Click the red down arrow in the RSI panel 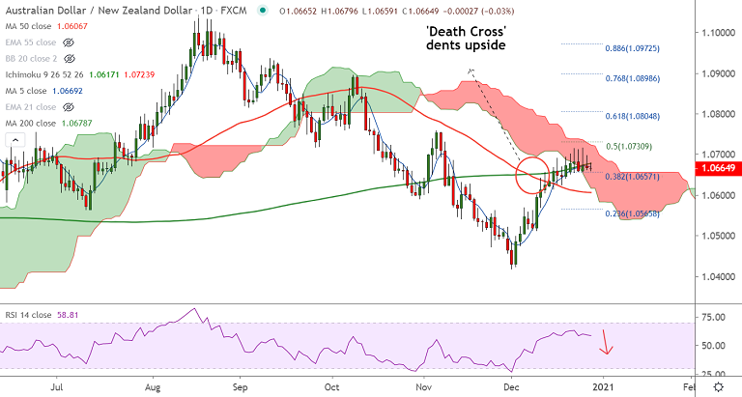[x=607, y=341]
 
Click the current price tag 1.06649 [x=719, y=168]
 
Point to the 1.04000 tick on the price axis [x=717, y=276]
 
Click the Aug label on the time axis [x=151, y=386]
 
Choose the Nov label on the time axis [x=423, y=386]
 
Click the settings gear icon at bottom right [x=719, y=386]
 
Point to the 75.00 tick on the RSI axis [x=717, y=316]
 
